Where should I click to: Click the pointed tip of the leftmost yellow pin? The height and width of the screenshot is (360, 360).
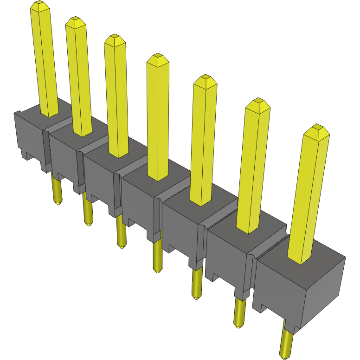40,6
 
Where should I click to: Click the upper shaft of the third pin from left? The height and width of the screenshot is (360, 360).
116,97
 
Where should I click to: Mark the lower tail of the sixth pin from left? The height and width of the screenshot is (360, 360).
239,313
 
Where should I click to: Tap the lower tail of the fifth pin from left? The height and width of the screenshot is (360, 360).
197,283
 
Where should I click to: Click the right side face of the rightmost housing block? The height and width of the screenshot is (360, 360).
325,288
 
